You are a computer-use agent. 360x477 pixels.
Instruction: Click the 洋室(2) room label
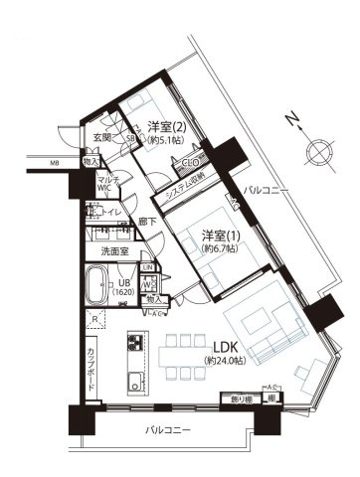coord(167,126)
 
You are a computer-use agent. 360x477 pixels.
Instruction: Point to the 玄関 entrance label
coord(102,138)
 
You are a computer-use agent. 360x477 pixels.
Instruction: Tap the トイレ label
coord(110,212)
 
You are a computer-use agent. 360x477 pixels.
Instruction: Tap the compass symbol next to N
coord(322,152)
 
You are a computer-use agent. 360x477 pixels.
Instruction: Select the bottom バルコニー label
coord(165,432)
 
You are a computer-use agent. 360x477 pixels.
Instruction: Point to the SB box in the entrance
coord(129,140)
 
